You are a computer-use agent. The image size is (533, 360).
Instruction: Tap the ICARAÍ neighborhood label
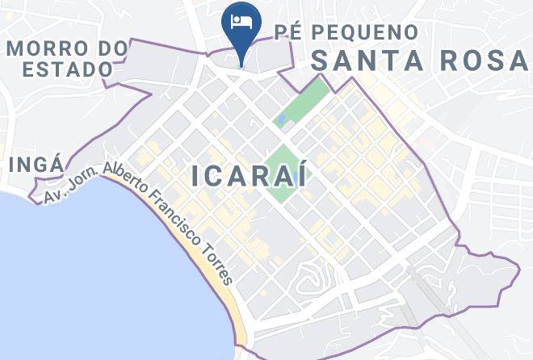[250, 176]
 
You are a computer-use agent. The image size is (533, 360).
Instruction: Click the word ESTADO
[67, 69]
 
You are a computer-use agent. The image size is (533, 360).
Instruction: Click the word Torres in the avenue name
[216, 264]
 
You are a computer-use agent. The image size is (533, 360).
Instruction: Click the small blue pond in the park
[280, 120]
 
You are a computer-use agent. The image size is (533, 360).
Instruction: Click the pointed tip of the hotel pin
[241, 65]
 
